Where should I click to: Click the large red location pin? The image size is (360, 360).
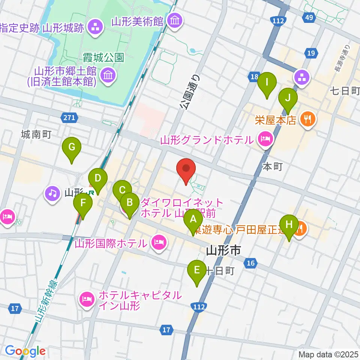tap(186, 169)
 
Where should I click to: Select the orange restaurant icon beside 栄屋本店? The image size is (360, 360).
tap(308, 120)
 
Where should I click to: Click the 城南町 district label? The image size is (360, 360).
tap(36, 134)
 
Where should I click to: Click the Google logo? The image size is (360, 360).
tap(25, 351)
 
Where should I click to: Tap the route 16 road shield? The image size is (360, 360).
tap(251, 264)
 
